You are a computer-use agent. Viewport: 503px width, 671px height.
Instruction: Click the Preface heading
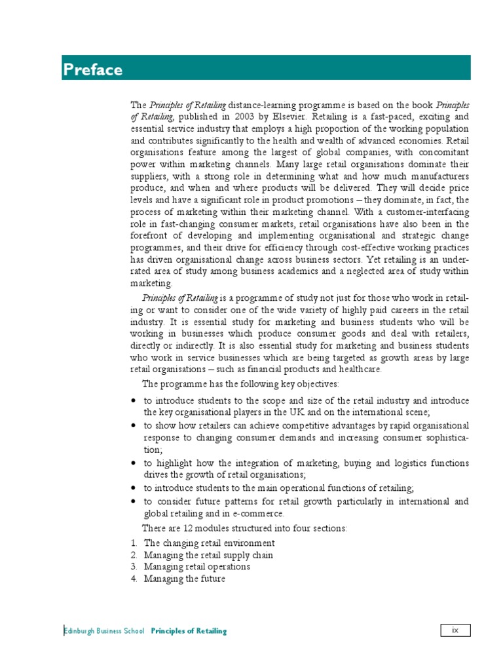92,69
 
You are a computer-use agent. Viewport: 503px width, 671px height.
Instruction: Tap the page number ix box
455,630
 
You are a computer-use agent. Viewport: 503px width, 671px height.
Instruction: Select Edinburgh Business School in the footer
105,631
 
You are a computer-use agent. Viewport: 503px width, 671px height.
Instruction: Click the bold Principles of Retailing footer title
189,631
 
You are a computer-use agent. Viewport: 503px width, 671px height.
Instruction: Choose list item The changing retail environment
209,543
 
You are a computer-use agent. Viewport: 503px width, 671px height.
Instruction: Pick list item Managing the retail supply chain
208,555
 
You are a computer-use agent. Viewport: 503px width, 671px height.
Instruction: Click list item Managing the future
185,579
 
